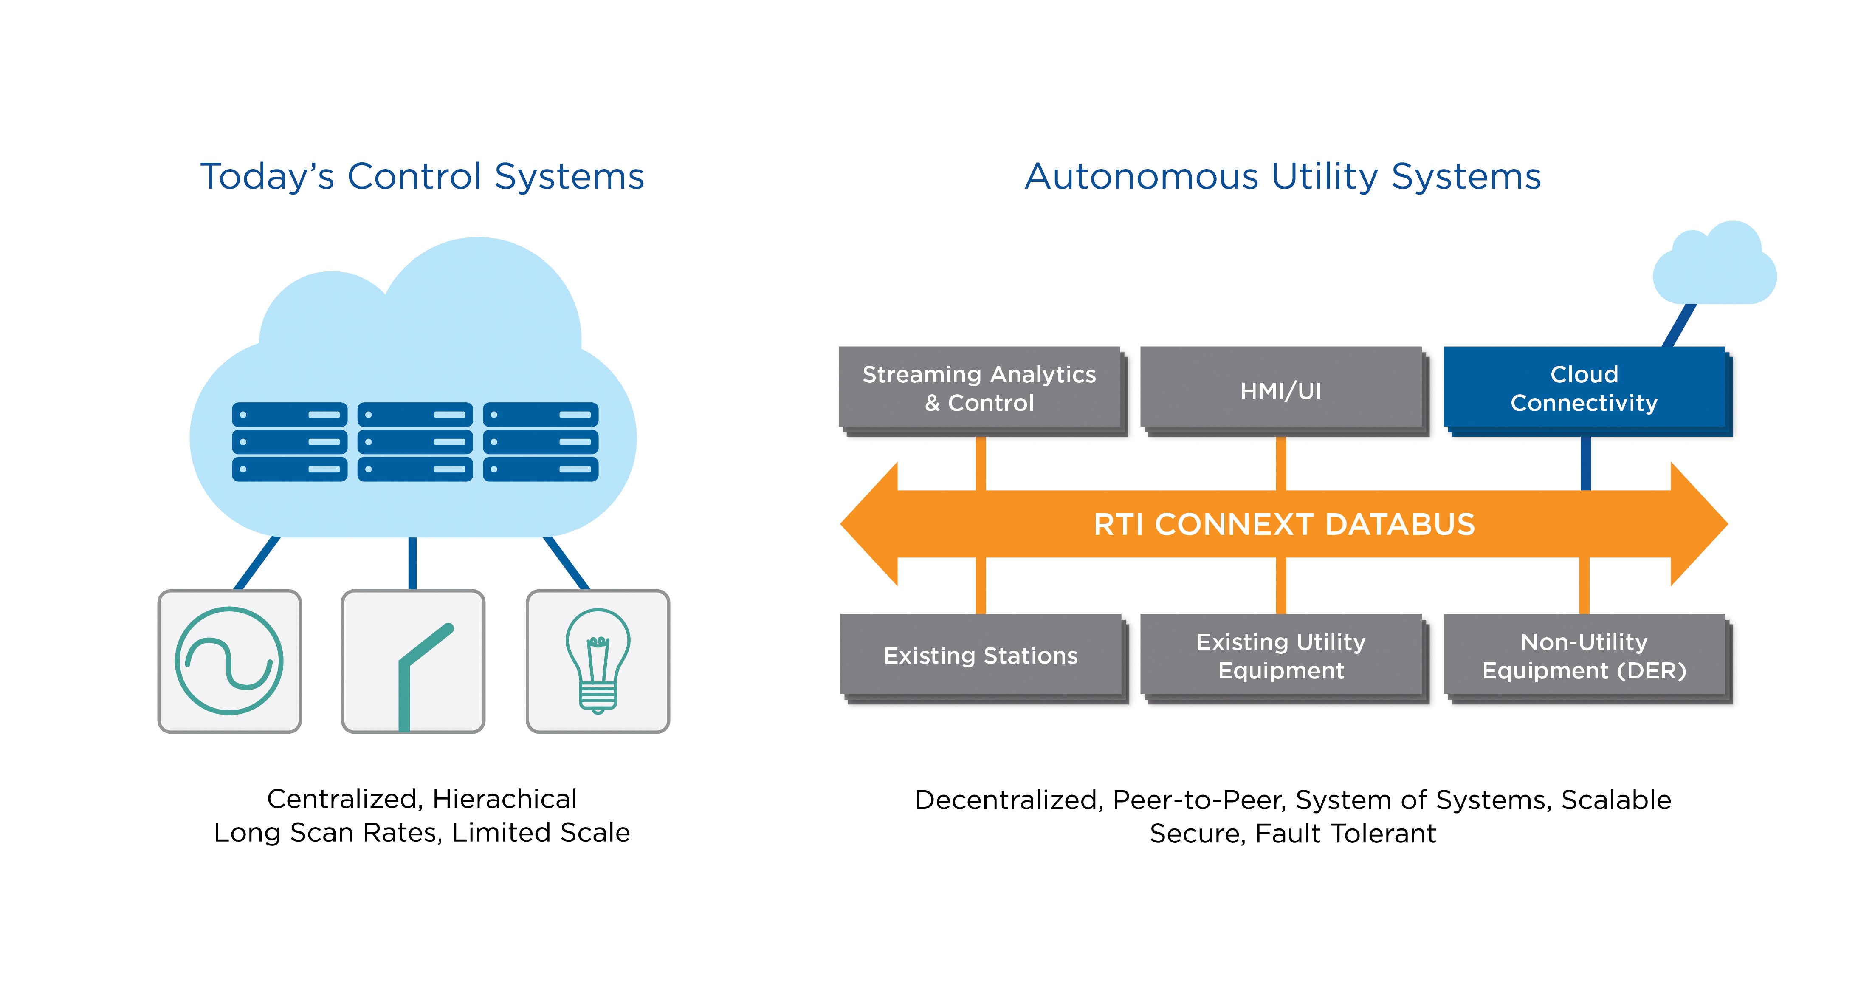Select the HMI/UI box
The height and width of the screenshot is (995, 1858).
1280,390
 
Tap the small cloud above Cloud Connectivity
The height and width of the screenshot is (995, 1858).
1715,267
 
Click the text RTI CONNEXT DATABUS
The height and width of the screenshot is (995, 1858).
1284,525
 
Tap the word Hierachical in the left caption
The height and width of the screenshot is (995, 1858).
505,799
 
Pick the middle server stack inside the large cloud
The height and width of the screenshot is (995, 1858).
415,441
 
